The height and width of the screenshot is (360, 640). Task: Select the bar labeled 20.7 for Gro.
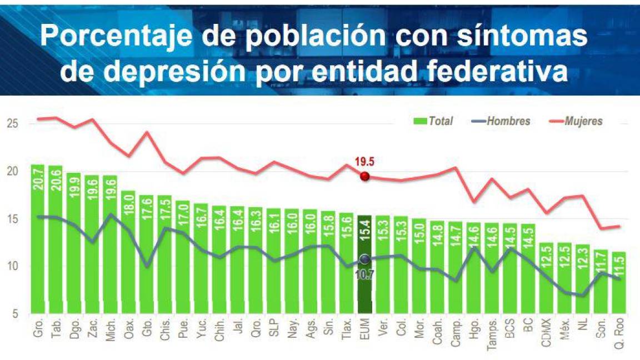[x=38, y=239]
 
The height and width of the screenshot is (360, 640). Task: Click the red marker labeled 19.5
[x=364, y=176]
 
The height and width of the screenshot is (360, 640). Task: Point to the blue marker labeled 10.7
[x=364, y=259]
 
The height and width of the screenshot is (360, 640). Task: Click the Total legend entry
[x=433, y=121]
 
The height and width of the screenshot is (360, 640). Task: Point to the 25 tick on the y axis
[x=13, y=123]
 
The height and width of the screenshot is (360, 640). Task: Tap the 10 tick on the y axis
[x=13, y=266]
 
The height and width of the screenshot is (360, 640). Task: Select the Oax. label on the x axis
[x=128, y=328]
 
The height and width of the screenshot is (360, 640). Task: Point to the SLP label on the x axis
[x=274, y=327]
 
